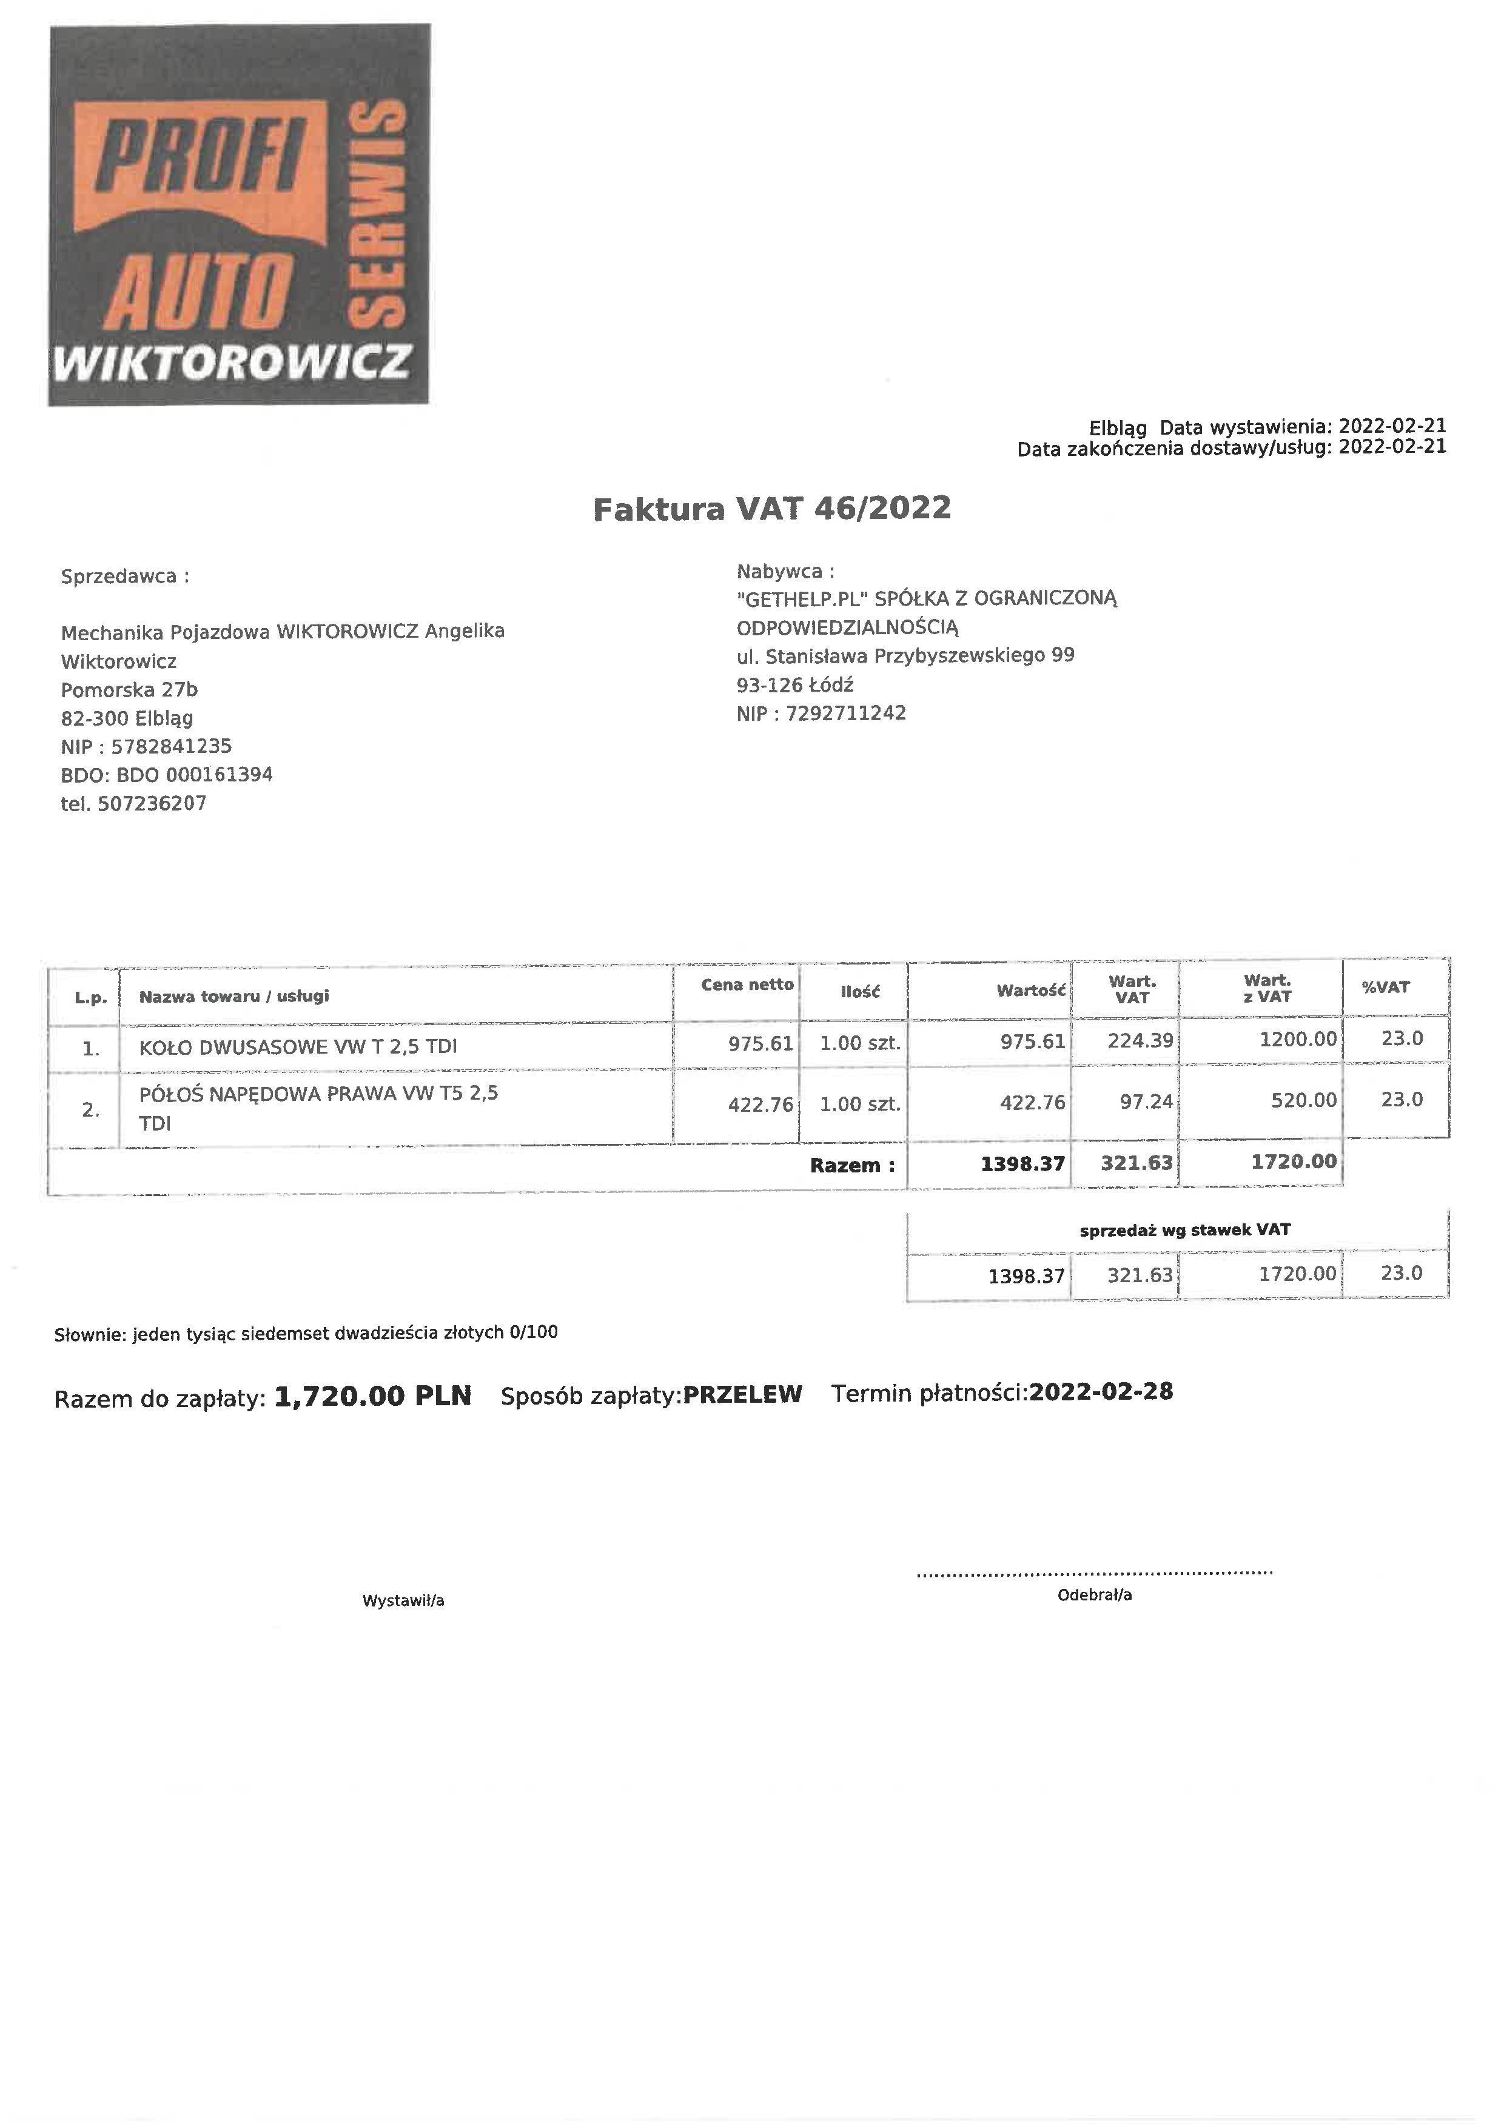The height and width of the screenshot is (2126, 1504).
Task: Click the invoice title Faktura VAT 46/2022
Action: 771,509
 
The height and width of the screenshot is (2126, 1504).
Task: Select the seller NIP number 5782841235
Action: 172,746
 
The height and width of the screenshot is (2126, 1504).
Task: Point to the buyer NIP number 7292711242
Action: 845,713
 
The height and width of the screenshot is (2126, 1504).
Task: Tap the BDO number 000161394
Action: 218,774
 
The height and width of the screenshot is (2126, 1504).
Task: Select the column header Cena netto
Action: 747,984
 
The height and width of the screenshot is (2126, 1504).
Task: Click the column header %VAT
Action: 1386,987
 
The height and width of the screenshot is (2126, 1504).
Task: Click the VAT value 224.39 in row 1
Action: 1140,1040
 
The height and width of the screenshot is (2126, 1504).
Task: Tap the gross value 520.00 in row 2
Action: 1297,1100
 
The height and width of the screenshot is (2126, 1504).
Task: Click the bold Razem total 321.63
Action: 1136,1163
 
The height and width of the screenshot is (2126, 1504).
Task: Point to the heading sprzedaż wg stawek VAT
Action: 1184,1229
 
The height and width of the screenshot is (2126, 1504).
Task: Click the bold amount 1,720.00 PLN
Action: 373,1396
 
